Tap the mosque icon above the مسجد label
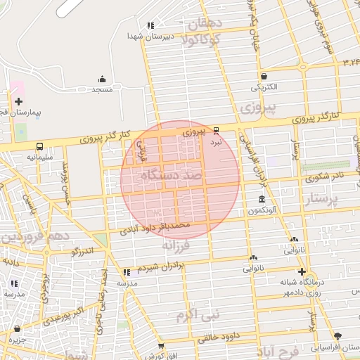point(103,79)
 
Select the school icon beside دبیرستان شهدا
point(150,25)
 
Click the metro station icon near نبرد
point(216,130)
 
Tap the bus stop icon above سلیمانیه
point(39,146)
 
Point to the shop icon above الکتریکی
point(263,76)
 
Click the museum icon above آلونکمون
point(262,200)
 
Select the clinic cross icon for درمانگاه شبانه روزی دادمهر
point(302,271)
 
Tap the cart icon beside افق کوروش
point(161,346)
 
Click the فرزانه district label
point(177,245)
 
